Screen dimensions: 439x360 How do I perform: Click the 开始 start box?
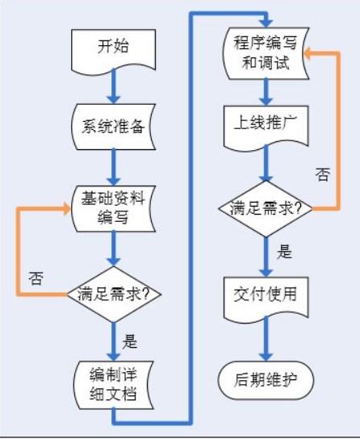(114, 47)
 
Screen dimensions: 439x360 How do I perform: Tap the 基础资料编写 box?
(114, 206)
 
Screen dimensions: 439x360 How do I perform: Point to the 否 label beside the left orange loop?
(36, 278)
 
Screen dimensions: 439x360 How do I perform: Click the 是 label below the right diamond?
(284, 252)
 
